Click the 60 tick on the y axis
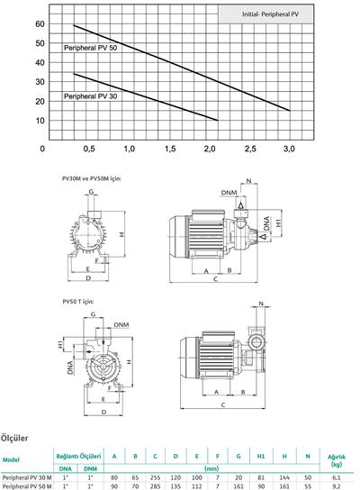click(x=40, y=23)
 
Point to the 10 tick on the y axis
click(x=40, y=121)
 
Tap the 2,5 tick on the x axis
click(x=249, y=149)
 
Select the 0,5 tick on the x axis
click(x=89, y=149)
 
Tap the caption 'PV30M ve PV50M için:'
click(x=92, y=179)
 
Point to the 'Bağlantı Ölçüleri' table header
click(x=78, y=456)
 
